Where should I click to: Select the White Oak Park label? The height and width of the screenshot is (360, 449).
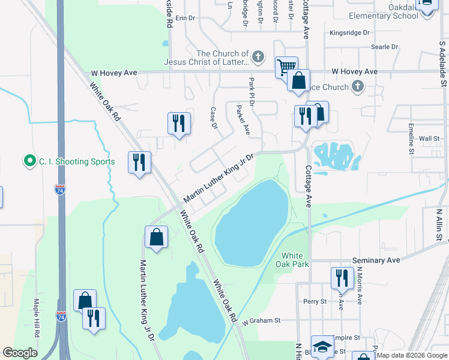click(x=292, y=259)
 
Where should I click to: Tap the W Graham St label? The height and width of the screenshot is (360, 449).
click(x=262, y=321)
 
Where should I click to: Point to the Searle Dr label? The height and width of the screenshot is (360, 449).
click(x=384, y=46)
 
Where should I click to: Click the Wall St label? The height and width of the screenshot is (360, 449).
click(x=429, y=139)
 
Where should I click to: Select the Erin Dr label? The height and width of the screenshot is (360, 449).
click(x=186, y=19)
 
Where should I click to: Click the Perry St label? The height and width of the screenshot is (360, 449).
click(x=315, y=301)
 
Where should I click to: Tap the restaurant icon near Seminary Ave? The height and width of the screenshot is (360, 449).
click(x=340, y=278)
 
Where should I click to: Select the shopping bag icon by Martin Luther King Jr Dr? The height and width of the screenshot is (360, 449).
click(x=156, y=236)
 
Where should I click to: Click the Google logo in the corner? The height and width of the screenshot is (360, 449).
click(x=20, y=353)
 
